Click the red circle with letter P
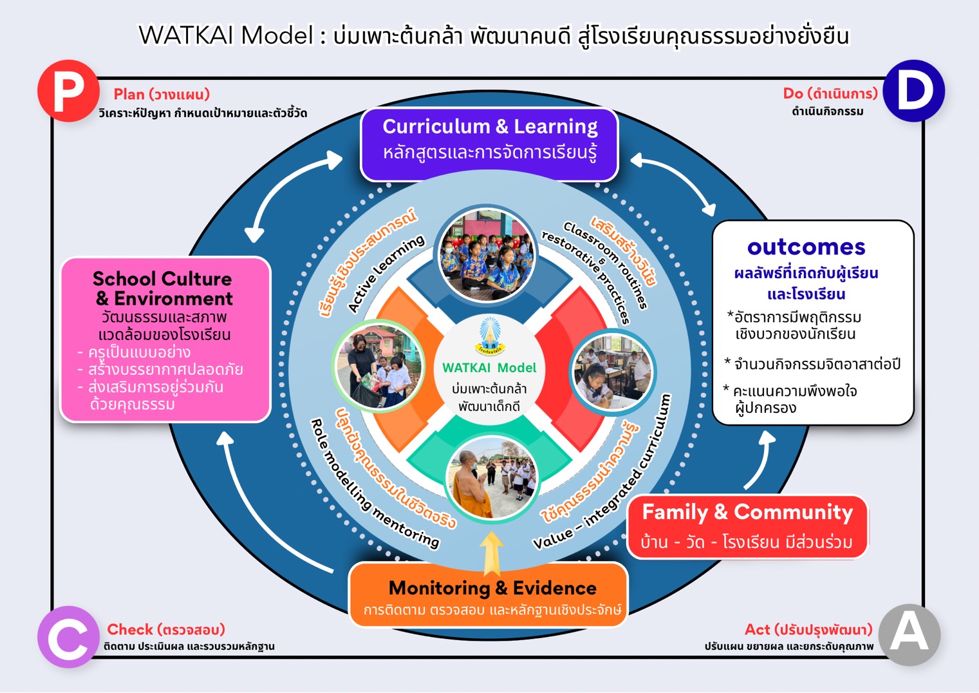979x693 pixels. [68, 91]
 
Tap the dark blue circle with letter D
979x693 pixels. [913, 91]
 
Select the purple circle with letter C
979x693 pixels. [68, 636]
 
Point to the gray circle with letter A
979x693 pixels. [909, 634]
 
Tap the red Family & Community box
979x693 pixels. [747, 526]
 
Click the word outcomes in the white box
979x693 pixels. [806, 247]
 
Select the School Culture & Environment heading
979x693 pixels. [163, 289]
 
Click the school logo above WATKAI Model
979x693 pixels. [489, 336]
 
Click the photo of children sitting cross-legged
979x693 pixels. [487, 254]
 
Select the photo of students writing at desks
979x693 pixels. [612, 372]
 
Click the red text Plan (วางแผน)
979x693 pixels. [162, 95]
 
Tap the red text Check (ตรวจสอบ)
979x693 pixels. [165, 629]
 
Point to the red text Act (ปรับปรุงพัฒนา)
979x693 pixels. [808, 629]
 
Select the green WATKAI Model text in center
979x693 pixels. [489, 368]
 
